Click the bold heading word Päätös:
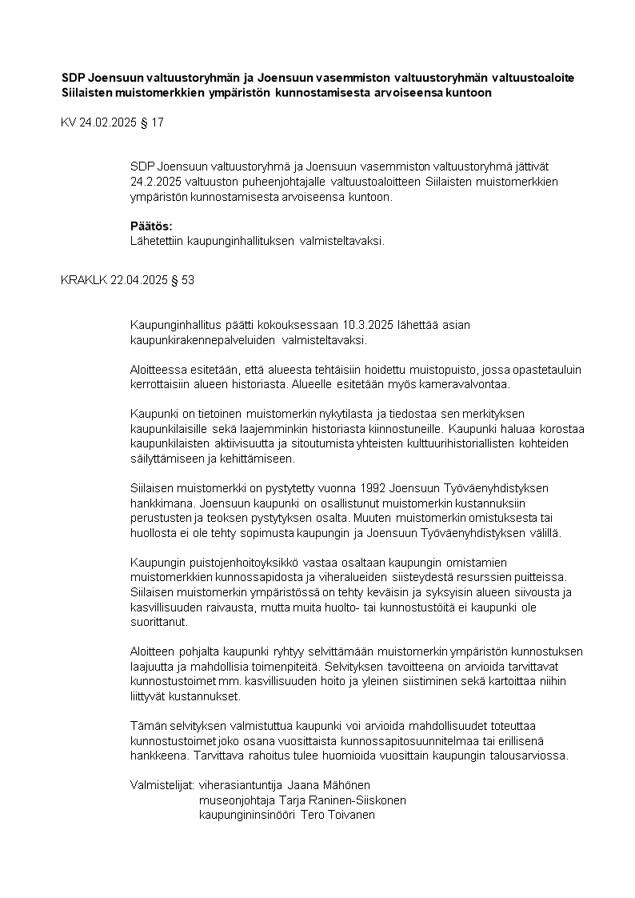click(x=151, y=226)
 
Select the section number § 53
click(x=182, y=281)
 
